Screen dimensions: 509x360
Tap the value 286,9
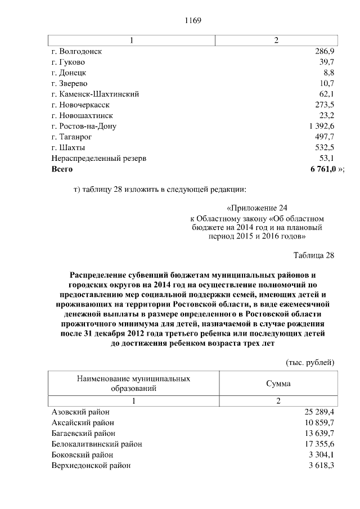pyautogui.click(x=325, y=51)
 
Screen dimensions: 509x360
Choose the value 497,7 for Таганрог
pyautogui.click(x=325, y=137)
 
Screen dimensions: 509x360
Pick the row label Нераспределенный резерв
pyautogui.click(x=98, y=158)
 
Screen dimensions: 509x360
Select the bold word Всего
pyautogui.click(x=62, y=169)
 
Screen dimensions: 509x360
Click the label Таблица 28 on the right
pyautogui.click(x=314, y=255)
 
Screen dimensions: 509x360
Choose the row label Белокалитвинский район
pyautogui.click(x=96, y=444)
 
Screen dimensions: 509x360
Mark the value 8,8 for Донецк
pyautogui.click(x=328, y=73)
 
